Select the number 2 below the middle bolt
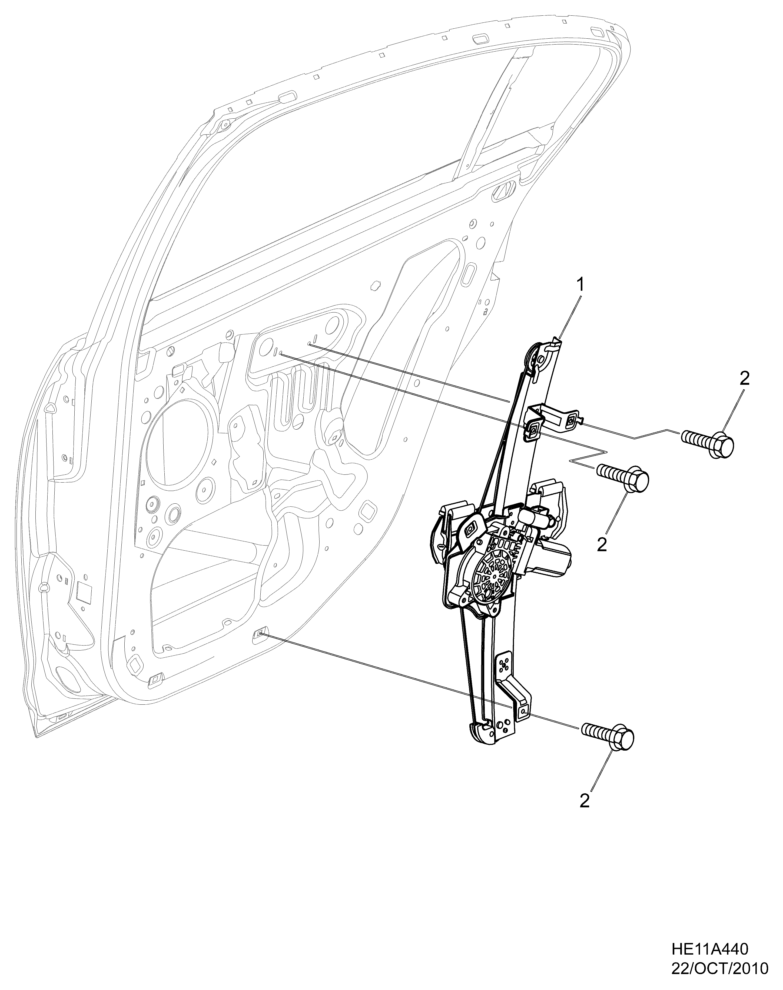602,544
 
